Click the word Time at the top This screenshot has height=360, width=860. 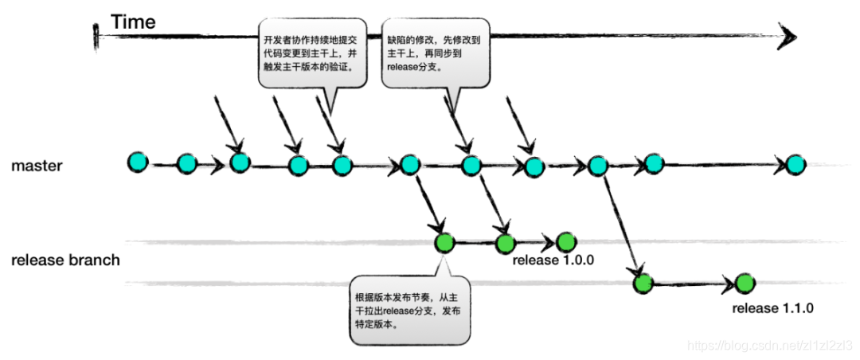[x=133, y=22]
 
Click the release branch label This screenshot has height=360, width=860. [x=65, y=260]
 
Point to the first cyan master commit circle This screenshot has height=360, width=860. [x=138, y=162]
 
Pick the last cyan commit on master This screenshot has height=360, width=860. [x=795, y=165]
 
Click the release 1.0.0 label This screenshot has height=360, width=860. [x=554, y=260]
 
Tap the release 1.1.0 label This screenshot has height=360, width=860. [x=773, y=308]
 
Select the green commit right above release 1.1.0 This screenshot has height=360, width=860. [x=744, y=283]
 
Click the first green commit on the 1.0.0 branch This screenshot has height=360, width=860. [x=444, y=243]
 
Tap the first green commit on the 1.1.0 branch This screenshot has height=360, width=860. [x=643, y=282]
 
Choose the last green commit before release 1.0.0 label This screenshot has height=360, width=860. [x=565, y=242]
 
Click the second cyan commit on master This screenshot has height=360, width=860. [x=186, y=164]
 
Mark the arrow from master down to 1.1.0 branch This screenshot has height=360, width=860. [x=621, y=224]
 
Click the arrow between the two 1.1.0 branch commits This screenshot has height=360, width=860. [x=693, y=283]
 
